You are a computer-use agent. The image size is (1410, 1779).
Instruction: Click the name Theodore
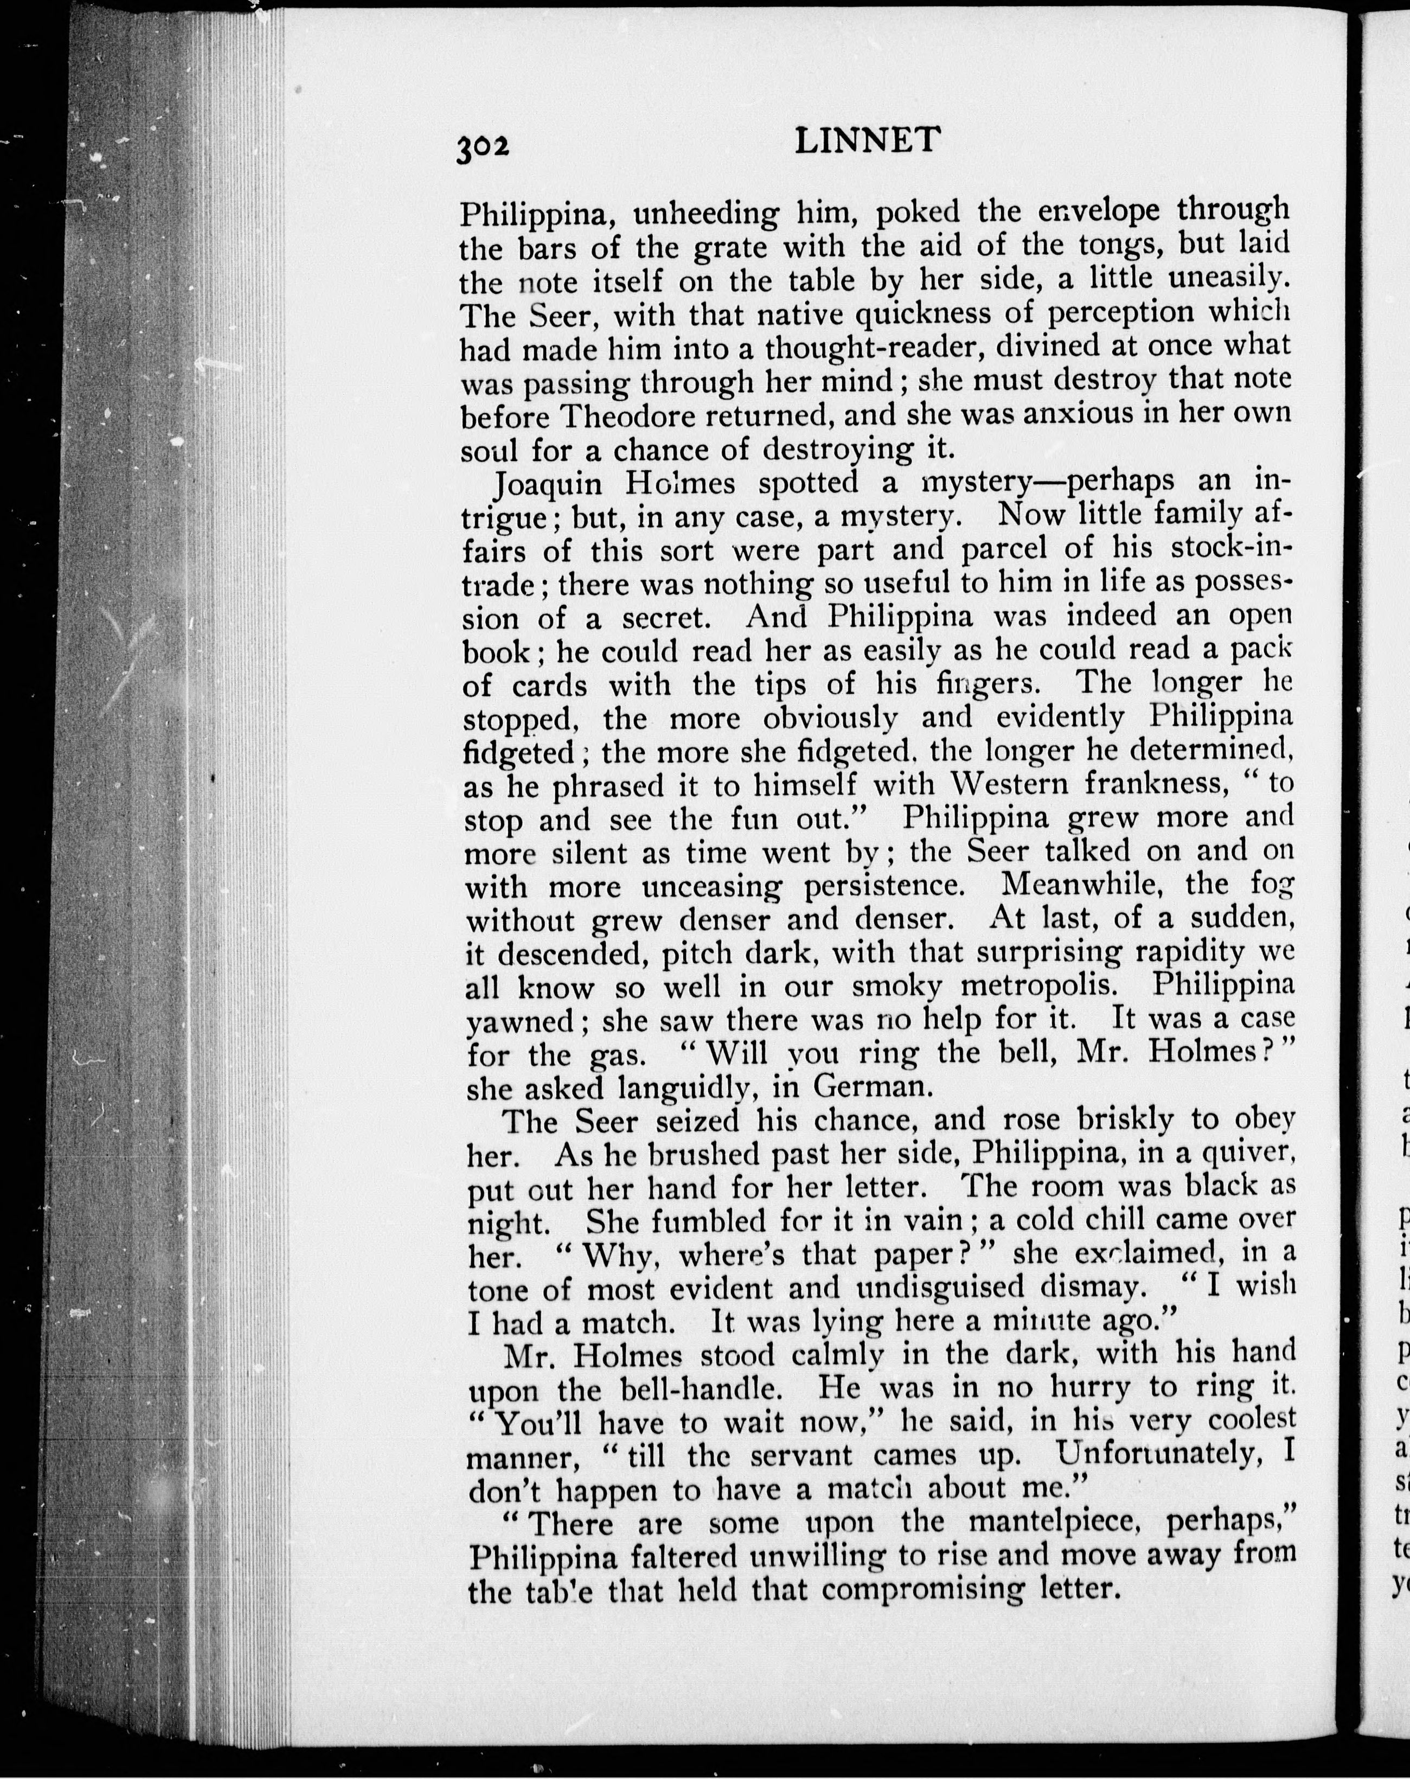click(x=625, y=415)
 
